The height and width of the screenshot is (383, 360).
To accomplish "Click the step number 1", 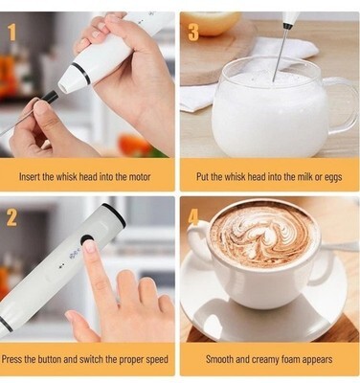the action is click(x=11, y=33).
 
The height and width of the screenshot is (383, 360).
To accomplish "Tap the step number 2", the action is click(x=11, y=218).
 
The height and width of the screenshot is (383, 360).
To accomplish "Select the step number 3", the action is click(x=193, y=33).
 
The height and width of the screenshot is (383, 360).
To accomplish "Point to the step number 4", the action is click(x=193, y=218).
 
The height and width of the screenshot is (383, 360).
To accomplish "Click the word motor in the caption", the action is click(x=140, y=176).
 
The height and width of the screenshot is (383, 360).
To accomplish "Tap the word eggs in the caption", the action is click(x=333, y=177).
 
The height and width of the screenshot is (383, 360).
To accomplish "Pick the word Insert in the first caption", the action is click(x=30, y=176).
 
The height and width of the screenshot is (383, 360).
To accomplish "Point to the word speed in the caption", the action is click(x=157, y=360).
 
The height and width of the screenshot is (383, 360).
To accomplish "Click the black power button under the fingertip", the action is click(x=87, y=240).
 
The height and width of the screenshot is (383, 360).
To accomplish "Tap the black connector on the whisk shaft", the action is click(x=51, y=97).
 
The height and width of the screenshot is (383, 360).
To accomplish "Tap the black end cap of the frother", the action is click(x=114, y=214).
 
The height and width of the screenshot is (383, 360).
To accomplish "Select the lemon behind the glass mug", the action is click(x=211, y=23).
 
